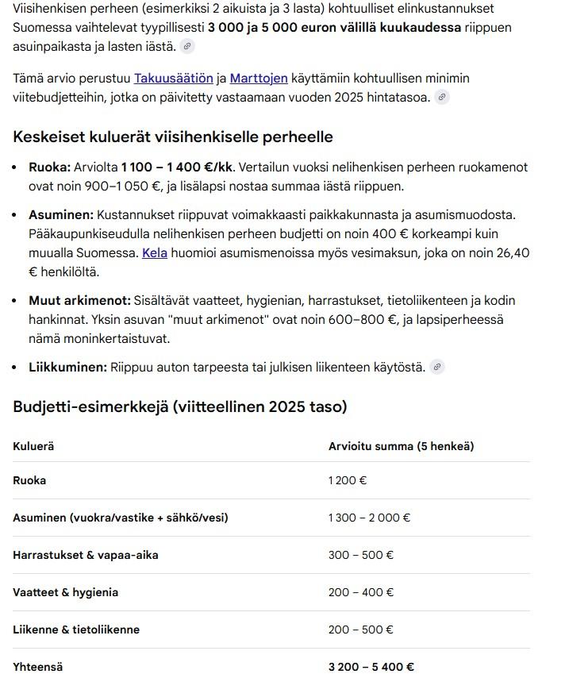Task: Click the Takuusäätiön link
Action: [173, 78]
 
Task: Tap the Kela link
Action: [155, 252]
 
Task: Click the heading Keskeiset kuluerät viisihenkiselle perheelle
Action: [172, 137]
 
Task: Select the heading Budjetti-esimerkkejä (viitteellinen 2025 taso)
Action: [179, 406]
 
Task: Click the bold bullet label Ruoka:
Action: [49, 168]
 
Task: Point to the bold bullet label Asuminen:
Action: [61, 214]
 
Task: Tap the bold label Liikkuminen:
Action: [67, 367]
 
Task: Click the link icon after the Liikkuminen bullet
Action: [436, 367]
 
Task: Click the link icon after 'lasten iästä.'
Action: [187, 46]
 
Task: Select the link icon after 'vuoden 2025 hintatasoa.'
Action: [442, 97]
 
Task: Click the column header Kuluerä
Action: [33, 446]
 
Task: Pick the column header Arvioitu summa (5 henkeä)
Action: [401, 446]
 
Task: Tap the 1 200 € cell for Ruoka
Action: [348, 480]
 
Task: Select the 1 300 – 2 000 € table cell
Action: [369, 518]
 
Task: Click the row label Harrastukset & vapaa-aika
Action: [85, 555]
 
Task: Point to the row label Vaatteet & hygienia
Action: [65, 592]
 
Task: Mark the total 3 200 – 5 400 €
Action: [371, 667]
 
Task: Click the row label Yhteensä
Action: [37, 667]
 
